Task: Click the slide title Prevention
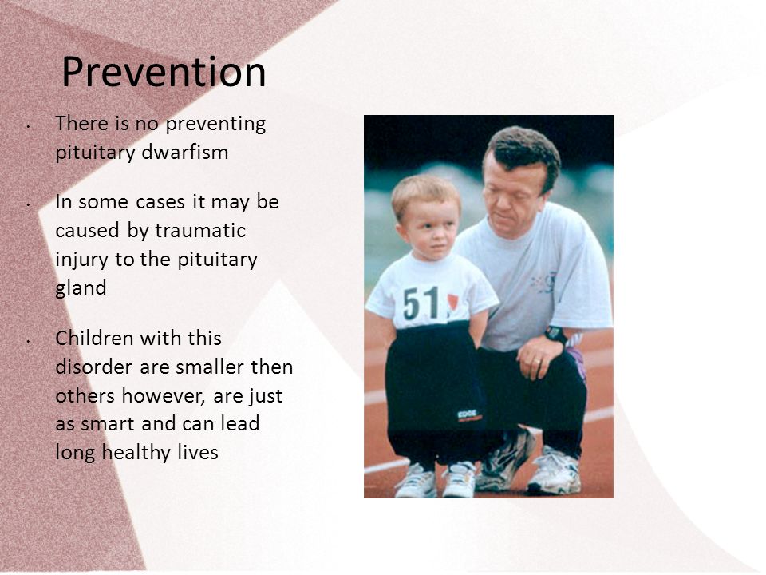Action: [164, 72]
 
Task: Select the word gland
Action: [81, 288]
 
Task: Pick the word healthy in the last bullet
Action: [136, 452]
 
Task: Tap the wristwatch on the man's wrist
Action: [555, 335]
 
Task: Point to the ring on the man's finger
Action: [537, 361]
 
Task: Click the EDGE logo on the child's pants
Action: [469, 416]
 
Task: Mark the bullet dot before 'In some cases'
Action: [30, 204]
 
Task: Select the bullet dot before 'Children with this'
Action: [30, 341]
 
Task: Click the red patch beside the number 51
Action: [452, 302]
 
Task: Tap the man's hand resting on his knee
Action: [539, 356]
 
